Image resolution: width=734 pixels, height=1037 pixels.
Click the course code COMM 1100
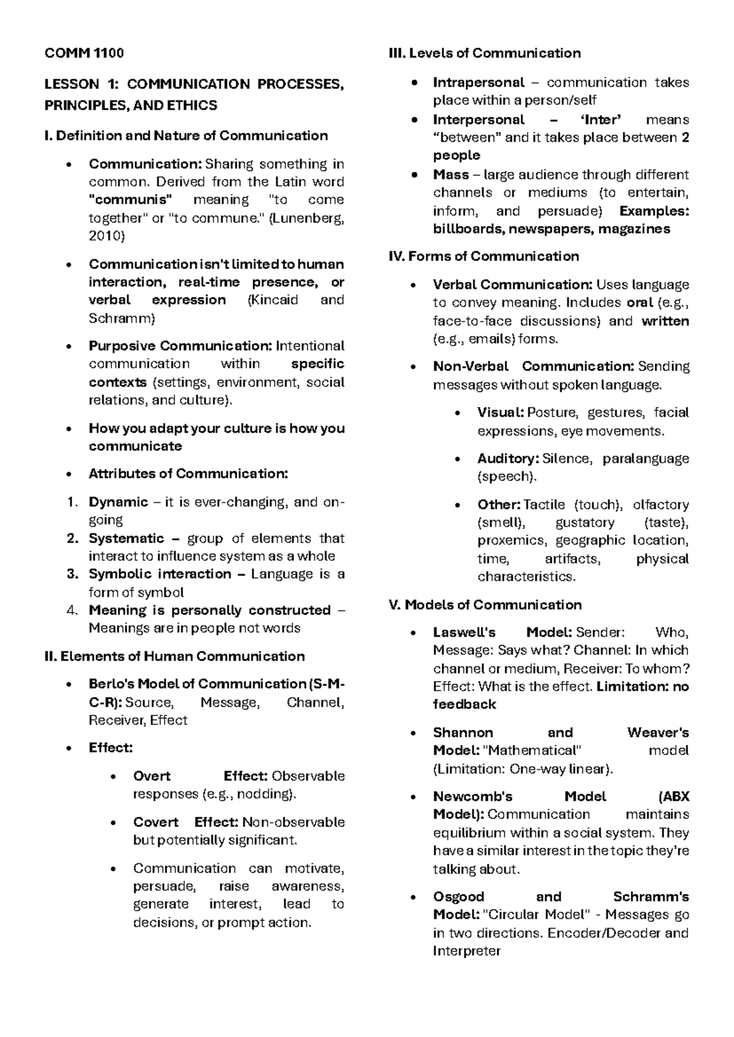click(x=84, y=53)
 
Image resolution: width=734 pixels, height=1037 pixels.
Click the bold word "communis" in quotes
click(x=130, y=200)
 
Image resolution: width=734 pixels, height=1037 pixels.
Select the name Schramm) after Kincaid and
click(x=122, y=318)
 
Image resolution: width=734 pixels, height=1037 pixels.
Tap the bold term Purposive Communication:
click(x=180, y=346)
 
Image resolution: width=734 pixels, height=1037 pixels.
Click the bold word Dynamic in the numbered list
click(x=118, y=503)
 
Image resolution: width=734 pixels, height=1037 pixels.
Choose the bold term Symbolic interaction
click(x=160, y=574)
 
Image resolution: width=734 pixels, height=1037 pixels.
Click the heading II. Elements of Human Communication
click(x=174, y=657)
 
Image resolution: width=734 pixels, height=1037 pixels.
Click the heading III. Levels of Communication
click(x=484, y=53)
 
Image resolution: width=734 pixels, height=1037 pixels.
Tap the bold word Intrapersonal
click(x=478, y=83)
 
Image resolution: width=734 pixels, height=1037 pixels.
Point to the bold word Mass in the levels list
click(x=451, y=175)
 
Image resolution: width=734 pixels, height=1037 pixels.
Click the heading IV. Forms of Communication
click(x=484, y=256)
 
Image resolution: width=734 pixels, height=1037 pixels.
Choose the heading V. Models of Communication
click(x=485, y=605)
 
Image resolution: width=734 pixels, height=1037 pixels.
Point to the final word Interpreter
click(x=466, y=951)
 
